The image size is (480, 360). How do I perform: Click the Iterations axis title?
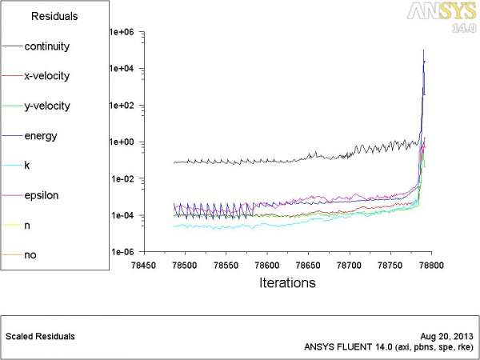click(x=288, y=282)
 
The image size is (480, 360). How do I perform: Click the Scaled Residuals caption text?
click(x=40, y=336)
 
